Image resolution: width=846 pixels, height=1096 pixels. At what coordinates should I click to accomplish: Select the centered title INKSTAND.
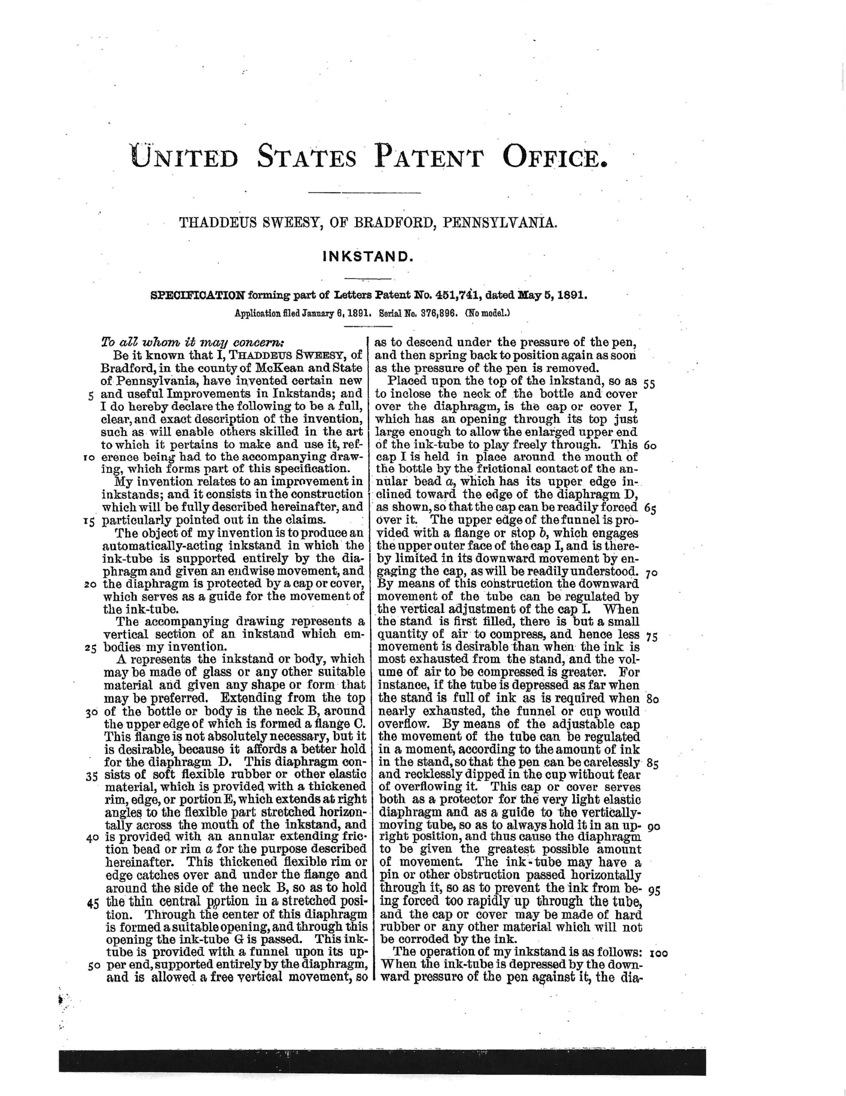(x=367, y=257)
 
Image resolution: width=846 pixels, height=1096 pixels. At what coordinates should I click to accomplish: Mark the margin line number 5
(x=91, y=395)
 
